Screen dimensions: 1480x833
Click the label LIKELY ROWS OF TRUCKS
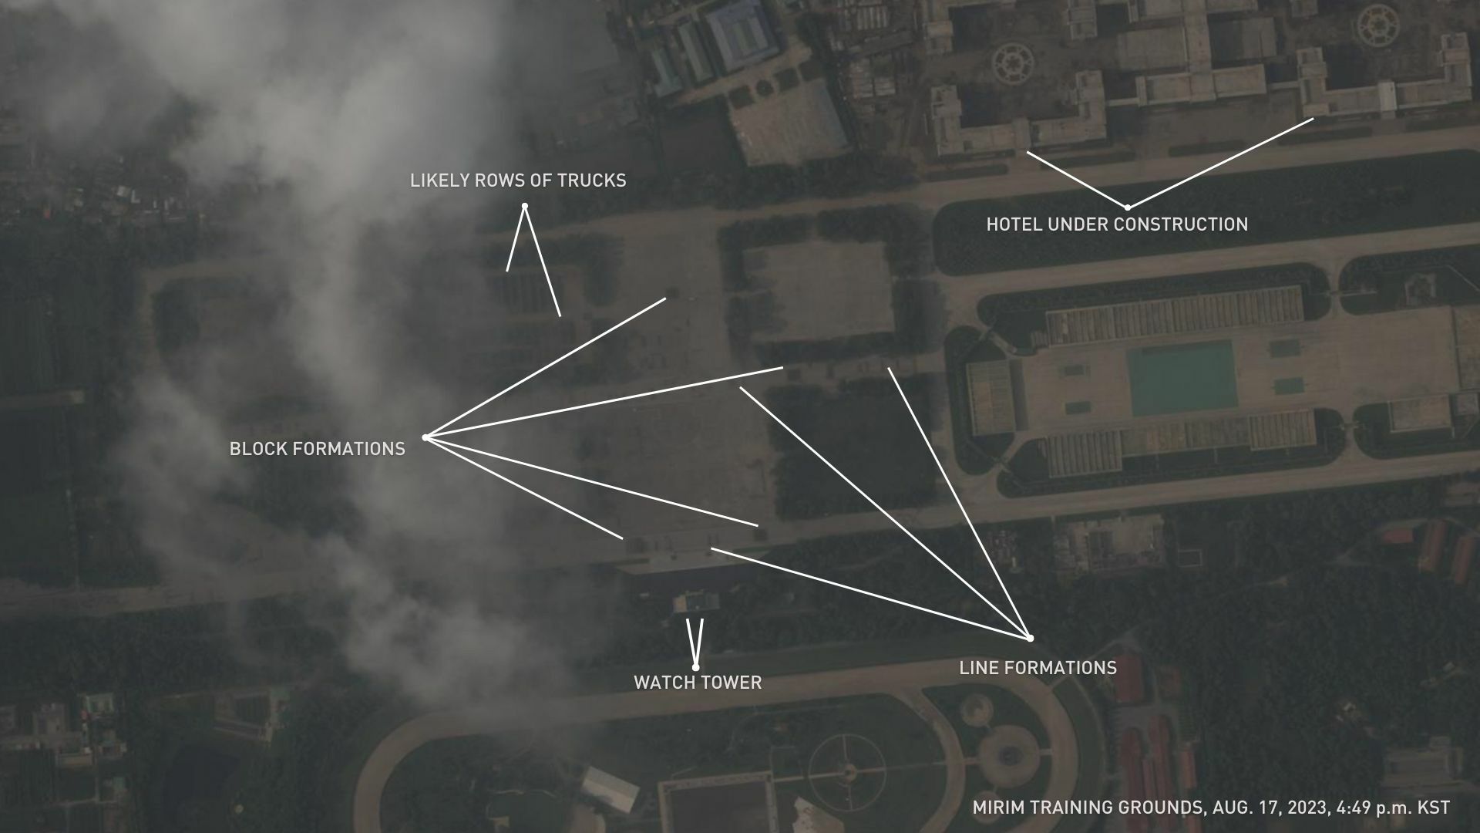518,180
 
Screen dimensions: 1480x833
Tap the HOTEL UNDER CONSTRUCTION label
1117,224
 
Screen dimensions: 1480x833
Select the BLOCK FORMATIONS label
318,449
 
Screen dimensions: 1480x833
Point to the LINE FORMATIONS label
1038,668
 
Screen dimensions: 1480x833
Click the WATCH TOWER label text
698,683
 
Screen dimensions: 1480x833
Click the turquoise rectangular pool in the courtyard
1182,379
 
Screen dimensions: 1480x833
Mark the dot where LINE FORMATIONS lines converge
1030,639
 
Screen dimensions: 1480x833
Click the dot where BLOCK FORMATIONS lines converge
425,437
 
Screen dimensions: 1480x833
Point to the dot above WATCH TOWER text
695,668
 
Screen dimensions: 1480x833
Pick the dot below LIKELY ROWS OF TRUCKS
524,206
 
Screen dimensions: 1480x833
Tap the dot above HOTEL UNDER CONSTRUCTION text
1127,207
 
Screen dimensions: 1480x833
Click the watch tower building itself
695,602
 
